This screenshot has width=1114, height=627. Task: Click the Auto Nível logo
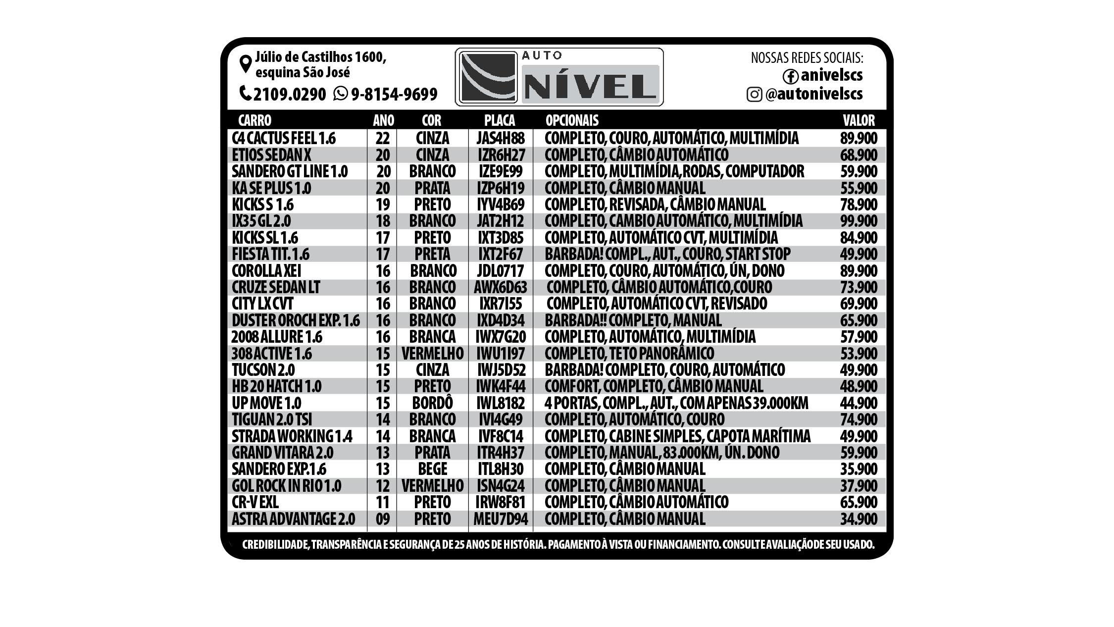[x=559, y=77]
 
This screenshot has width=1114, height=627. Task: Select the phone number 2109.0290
[x=289, y=94]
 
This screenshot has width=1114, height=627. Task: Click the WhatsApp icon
[x=340, y=93]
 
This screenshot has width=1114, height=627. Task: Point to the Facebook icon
[x=790, y=76]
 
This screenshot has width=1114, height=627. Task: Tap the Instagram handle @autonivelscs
[x=813, y=94]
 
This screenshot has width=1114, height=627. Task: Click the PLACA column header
[x=500, y=120]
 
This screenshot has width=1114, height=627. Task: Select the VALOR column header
[x=859, y=120]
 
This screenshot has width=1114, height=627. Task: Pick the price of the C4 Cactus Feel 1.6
[x=859, y=138]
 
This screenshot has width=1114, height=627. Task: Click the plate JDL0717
[x=500, y=271]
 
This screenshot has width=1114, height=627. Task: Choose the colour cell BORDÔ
[x=432, y=403]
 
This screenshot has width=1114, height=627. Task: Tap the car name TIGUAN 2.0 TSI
[x=272, y=419]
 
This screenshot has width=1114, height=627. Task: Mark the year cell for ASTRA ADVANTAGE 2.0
[x=383, y=519]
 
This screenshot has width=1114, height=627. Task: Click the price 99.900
[x=859, y=221]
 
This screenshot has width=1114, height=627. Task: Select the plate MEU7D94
[x=500, y=519]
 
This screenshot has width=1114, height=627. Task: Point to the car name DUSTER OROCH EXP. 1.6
[x=296, y=320]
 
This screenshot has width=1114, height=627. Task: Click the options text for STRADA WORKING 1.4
[x=677, y=436]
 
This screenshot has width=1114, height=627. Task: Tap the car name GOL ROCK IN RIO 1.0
[x=286, y=486]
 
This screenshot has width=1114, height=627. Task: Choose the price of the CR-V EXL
[x=859, y=502]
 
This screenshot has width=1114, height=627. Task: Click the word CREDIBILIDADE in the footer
[x=275, y=545]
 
